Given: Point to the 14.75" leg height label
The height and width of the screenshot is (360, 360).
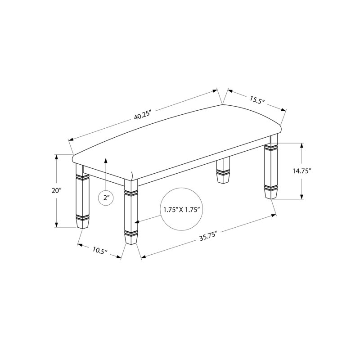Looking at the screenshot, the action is click(x=301, y=171).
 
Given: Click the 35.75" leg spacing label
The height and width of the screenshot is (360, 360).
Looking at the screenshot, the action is click(x=208, y=236).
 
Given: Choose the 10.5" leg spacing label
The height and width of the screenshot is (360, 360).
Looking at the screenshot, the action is click(x=100, y=250).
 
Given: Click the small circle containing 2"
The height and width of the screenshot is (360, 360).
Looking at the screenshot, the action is click(x=106, y=198).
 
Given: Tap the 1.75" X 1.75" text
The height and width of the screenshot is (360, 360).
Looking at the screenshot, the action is click(x=180, y=209).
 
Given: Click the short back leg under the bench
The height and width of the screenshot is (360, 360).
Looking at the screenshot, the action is click(x=223, y=170).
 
